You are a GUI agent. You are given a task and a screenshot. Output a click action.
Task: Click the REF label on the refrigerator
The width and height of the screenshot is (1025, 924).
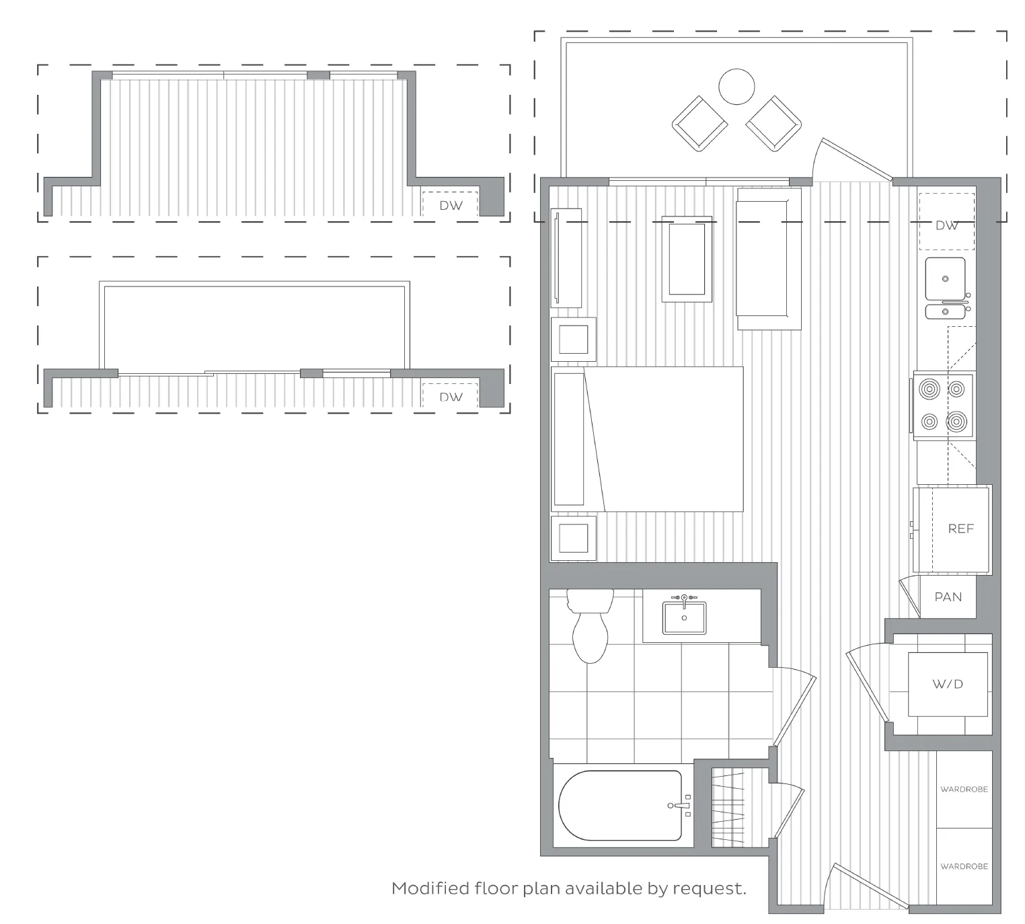click(x=960, y=529)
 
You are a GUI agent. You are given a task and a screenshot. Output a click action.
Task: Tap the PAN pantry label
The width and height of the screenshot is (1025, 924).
click(x=948, y=597)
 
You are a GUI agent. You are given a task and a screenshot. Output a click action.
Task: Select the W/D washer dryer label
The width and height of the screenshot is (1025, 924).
click(x=948, y=684)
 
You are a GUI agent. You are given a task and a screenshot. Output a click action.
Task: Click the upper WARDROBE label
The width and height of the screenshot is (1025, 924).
click(x=964, y=789)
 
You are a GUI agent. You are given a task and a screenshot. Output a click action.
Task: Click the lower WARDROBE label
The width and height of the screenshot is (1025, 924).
click(x=964, y=866)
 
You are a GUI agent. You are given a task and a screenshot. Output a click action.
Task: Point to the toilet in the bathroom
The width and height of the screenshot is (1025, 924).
click(x=590, y=625)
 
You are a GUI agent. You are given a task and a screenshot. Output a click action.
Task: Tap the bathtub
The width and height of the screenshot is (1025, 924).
click(x=620, y=806)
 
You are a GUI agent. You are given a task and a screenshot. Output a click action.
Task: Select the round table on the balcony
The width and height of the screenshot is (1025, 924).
click(x=736, y=87)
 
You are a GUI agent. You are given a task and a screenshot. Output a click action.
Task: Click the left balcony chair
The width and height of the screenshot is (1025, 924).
click(x=699, y=124)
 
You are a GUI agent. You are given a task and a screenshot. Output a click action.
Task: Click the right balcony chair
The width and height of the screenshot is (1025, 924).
click(x=773, y=124)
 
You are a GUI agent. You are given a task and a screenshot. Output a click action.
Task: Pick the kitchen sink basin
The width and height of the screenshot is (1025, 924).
click(x=945, y=278)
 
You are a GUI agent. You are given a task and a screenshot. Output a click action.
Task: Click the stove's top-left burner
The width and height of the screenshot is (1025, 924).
click(x=929, y=389)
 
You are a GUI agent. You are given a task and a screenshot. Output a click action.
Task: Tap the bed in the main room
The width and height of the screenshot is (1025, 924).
click(x=647, y=439)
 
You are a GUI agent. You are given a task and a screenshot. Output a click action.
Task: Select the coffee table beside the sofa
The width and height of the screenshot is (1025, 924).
click(x=687, y=259)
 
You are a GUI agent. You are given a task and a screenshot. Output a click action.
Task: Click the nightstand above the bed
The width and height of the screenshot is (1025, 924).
click(x=573, y=340)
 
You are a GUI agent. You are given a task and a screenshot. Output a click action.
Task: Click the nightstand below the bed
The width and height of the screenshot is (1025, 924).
click(x=573, y=538)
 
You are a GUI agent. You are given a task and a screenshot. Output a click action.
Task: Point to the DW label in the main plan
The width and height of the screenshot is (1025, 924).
click(x=946, y=225)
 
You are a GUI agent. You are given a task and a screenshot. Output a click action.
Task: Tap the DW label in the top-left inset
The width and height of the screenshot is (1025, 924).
click(x=451, y=206)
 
